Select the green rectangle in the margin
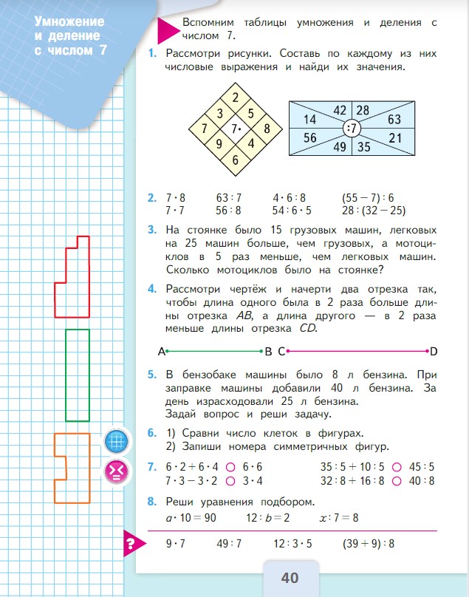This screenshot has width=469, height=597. [x=78, y=375]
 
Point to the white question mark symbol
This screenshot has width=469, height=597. [x=130, y=547]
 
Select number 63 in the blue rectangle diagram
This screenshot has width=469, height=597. [x=394, y=119]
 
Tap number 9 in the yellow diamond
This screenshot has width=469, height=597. [x=219, y=145]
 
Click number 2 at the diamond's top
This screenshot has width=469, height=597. [x=235, y=98]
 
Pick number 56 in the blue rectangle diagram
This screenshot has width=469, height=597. [x=309, y=138]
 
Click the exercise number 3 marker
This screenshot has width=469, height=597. [x=151, y=231]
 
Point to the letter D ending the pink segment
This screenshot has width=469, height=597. [x=434, y=350]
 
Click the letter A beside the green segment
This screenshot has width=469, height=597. [x=161, y=351]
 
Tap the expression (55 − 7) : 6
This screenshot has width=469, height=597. [x=369, y=197]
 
